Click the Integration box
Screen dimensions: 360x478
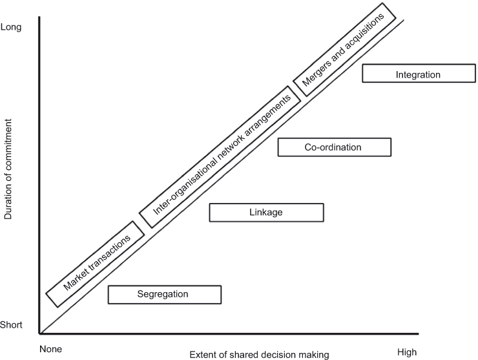point(418,74)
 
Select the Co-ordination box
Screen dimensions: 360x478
point(334,147)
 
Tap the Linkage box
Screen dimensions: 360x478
point(266,212)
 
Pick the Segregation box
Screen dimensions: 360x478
point(164,294)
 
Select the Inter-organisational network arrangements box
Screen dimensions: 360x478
point(220,156)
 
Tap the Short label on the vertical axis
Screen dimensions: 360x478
point(12,325)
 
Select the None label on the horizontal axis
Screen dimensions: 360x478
point(50,349)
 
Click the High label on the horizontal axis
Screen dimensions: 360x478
point(407,352)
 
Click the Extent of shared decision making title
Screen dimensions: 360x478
point(259,354)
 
